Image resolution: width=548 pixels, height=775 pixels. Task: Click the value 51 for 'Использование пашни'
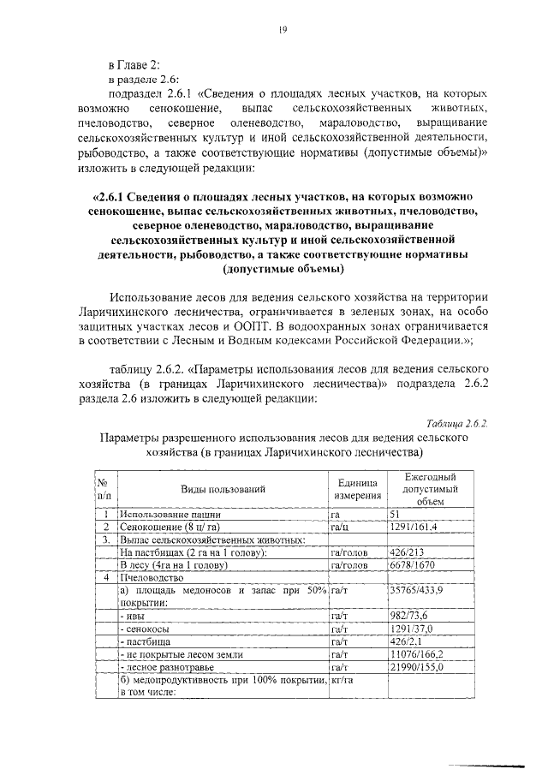396,515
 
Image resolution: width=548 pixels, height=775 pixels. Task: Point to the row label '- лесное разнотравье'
166,666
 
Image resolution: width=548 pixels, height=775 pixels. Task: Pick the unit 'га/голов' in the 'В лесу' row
348,566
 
